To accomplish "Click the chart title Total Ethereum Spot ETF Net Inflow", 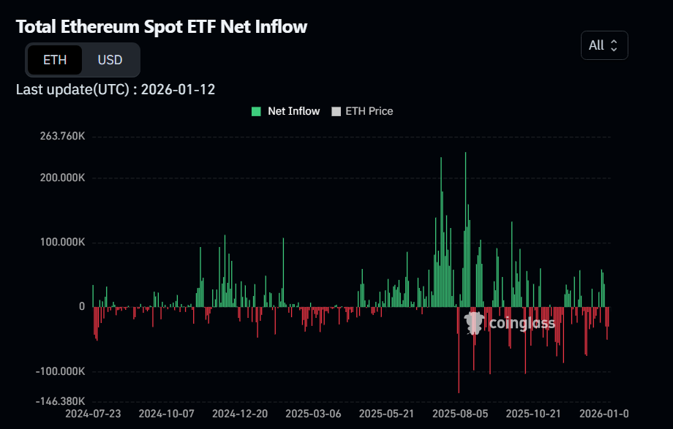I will [162, 27].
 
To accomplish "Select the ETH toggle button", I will [55, 60].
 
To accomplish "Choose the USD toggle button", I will [110, 60].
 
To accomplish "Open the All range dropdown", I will [604, 45].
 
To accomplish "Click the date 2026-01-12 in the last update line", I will [178, 89].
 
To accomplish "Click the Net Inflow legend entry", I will [286, 111].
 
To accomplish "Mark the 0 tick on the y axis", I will [82, 307].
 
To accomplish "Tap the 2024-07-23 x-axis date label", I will [93, 414].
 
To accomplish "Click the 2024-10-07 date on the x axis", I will [166, 414].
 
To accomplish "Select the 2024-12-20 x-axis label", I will [240, 414].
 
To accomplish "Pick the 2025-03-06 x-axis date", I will [313, 414].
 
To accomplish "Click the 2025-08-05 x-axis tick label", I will [460, 414].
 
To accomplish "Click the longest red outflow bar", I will [459, 351].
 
